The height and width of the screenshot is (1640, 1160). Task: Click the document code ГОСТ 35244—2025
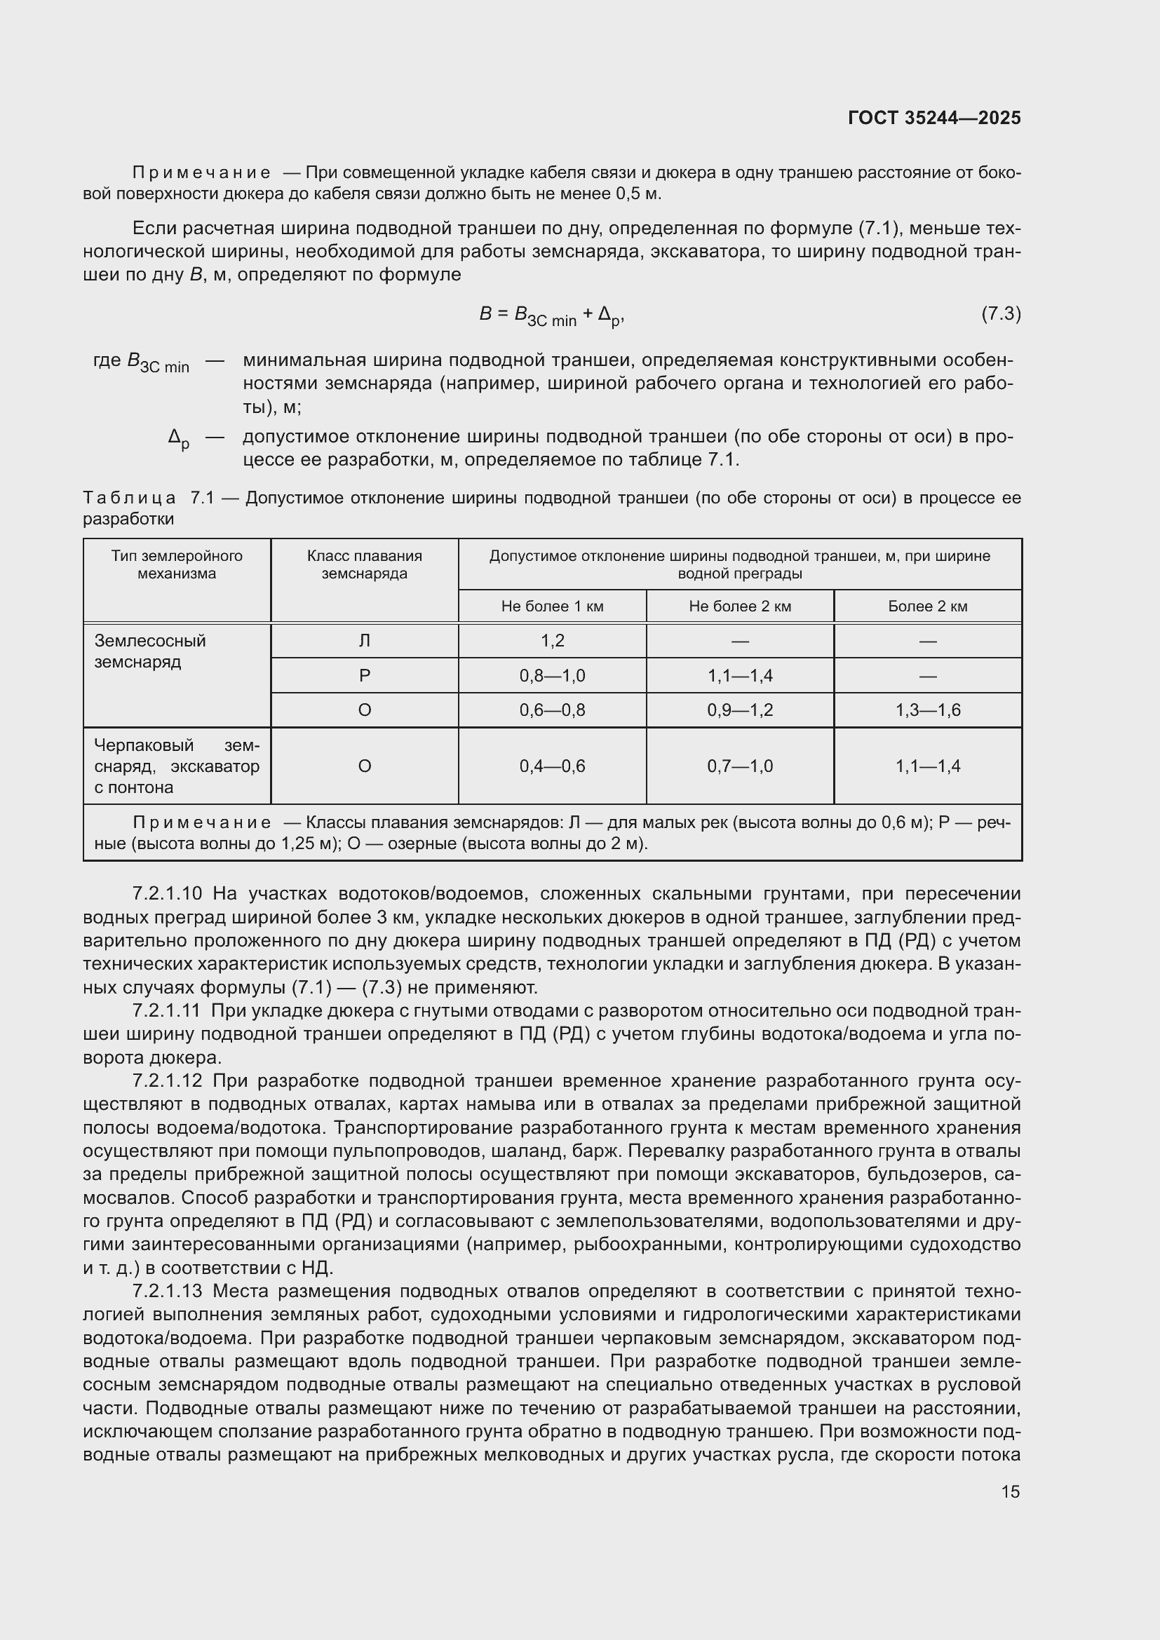click(x=933, y=118)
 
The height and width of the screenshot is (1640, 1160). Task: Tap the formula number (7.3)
click(x=1001, y=313)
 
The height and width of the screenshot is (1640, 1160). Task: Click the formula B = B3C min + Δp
click(x=552, y=315)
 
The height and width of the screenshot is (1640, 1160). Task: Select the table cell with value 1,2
click(x=552, y=641)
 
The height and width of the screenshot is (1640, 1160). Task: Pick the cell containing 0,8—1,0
click(x=552, y=675)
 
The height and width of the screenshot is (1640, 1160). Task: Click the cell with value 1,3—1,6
click(x=927, y=710)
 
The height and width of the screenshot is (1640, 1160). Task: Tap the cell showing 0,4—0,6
click(x=552, y=766)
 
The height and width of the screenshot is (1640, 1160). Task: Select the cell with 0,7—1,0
click(x=739, y=766)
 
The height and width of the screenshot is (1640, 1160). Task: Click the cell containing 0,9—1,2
click(x=739, y=710)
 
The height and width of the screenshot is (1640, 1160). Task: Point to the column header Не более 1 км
click(x=552, y=606)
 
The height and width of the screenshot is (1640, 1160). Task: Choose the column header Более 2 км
click(x=927, y=606)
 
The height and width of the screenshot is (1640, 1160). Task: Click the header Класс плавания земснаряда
click(x=364, y=564)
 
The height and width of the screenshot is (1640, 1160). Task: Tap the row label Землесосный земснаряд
click(x=150, y=651)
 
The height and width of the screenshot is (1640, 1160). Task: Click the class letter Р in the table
click(x=364, y=675)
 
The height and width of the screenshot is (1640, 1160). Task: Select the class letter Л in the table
click(x=364, y=641)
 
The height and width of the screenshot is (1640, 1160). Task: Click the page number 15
click(x=1010, y=1491)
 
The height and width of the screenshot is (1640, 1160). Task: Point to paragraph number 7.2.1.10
click(x=167, y=893)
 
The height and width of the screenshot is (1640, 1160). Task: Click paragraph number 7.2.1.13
click(x=167, y=1291)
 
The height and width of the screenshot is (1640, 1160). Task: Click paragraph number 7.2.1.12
click(x=167, y=1080)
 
